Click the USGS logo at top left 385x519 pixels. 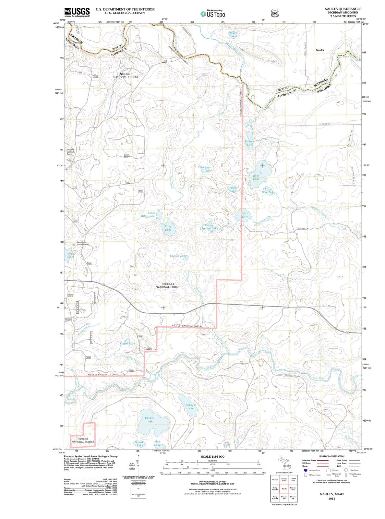[x=77, y=12]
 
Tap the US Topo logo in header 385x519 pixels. [x=213, y=14]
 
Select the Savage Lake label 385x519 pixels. [x=149, y=419]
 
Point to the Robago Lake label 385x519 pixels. [x=190, y=406]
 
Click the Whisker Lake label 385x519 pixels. [x=205, y=169]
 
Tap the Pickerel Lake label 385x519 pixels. [x=250, y=143]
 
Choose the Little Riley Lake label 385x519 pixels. [x=148, y=214]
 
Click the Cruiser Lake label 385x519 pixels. [x=179, y=256]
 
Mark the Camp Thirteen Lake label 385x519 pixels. [x=209, y=227]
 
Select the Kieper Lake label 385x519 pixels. [x=127, y=343]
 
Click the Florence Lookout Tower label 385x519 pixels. [x=70, y=152]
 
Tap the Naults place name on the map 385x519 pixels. [x=320, y=50]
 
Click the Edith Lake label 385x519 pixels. [x=245, y=215]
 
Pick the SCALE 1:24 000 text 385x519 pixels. [x=212, y=456]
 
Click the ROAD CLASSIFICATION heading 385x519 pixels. [x=332, y=456]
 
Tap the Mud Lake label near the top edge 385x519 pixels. [x=233, y=34]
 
